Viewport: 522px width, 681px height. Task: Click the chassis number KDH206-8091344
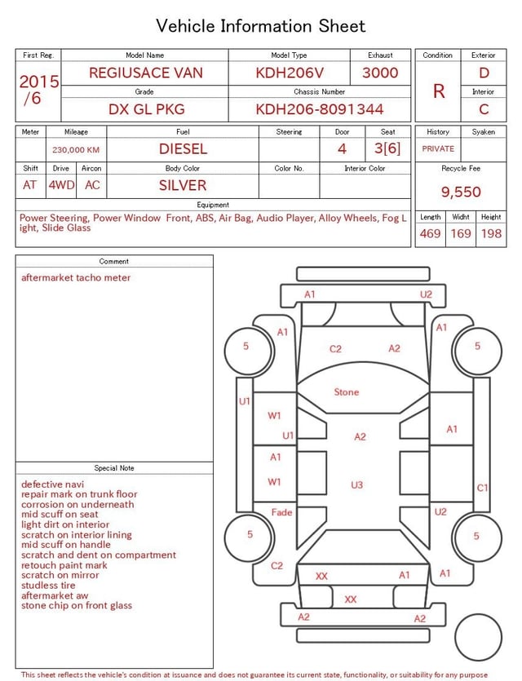(x=319, y=109)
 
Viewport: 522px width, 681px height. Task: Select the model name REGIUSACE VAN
(x=146, y=73)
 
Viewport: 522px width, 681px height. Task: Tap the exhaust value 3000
(x=380, y=73)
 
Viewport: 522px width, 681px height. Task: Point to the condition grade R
(x=439, y=91)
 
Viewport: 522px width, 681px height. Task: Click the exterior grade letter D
(x=484, y=73)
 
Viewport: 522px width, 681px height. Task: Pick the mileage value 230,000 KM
(x=76, y=150)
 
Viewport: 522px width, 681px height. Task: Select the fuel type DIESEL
(x=183, y=149)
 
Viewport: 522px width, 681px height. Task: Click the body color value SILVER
(x=183, y=185)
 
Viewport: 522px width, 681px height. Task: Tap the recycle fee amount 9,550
(x=461, y=192)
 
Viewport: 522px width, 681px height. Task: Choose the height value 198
(x=491, y=233)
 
